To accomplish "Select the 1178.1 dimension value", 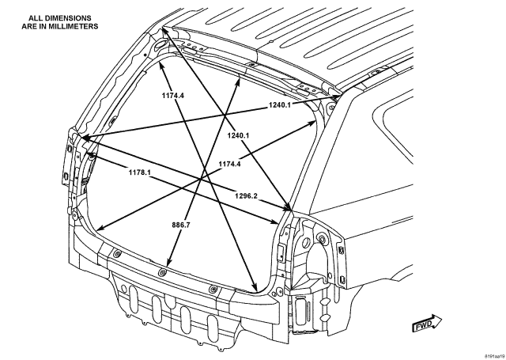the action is pyautogui.click(x=140, y=172).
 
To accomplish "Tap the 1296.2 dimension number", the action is pyautogui.click(x=246, y=195).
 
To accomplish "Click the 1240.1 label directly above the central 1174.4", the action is pyautogui.click(x=238, y=135).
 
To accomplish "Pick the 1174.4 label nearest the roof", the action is pyautogui.click(x=173, y=95).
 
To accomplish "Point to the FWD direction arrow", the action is pyautogui.click(x=427, y=324).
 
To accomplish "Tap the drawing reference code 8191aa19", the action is pyautogui.click(x=496, y=356).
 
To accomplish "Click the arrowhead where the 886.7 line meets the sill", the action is pyautogui.click(x=168, y=263).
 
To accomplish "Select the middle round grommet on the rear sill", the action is pyautogui.click(x=162, y=272).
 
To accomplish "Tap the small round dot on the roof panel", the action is pyautogui.click(x=271, y=41).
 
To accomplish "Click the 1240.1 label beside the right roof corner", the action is pyautogui.click(x=279, y=104).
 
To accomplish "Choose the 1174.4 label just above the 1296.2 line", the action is pyautogui.click(x=229, y=164).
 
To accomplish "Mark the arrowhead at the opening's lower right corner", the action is pyautogui.click(x=255, y=286).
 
